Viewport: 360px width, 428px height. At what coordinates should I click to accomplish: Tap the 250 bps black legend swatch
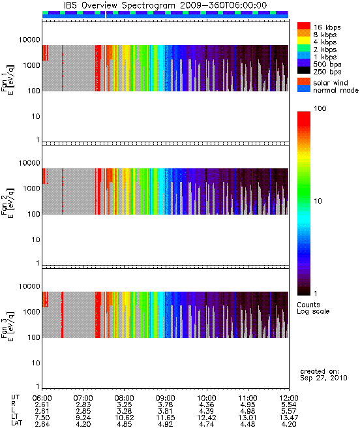click(x=304, y=70)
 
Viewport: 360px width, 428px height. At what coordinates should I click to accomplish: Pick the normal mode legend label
click(x=336, y=90)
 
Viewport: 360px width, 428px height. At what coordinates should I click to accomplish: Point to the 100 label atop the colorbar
click(x=320, y=108)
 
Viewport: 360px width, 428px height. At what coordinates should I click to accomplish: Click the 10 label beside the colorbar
click(x=318, y=201)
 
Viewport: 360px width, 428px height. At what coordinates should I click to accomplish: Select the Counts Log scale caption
click(x=313, y=308)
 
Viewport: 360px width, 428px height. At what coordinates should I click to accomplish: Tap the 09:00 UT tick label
click(x=166, y=398)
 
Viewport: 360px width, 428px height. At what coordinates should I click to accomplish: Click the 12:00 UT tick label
click(x=289, y=398)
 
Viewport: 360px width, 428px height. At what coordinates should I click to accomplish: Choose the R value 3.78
click(x=166, y=405)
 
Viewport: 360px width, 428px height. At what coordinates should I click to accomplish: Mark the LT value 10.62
click(x=124, y=418)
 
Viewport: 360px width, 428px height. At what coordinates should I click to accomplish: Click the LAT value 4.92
click(x=166, y=424)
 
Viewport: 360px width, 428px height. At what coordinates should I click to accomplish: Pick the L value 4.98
click(x=248, y=411)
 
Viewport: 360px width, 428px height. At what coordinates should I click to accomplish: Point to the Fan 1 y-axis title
click(x=7, y=80)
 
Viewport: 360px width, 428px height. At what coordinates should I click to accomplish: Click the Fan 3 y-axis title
click(x=7, y=326)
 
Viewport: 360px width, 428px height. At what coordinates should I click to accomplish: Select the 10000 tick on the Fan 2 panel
click(x=29, y=163)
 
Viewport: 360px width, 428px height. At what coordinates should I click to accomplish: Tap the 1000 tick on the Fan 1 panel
click(x=31, y=65)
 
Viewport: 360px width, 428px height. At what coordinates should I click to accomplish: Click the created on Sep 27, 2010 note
click(x=323, y=374)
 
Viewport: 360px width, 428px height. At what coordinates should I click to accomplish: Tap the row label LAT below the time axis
click(x=17, y=423)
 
